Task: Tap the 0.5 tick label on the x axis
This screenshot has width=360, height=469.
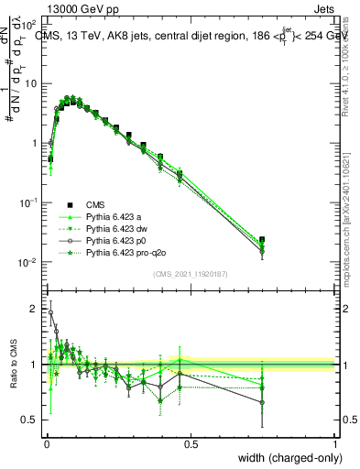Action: coord(191,443)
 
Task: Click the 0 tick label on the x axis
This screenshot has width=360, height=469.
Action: coord(46,443)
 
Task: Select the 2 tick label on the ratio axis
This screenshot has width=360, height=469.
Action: coord(35,309)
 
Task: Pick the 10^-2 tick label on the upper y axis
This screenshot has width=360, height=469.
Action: coord(28,263)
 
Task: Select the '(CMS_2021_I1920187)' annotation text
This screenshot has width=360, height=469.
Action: coord(190,273)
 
